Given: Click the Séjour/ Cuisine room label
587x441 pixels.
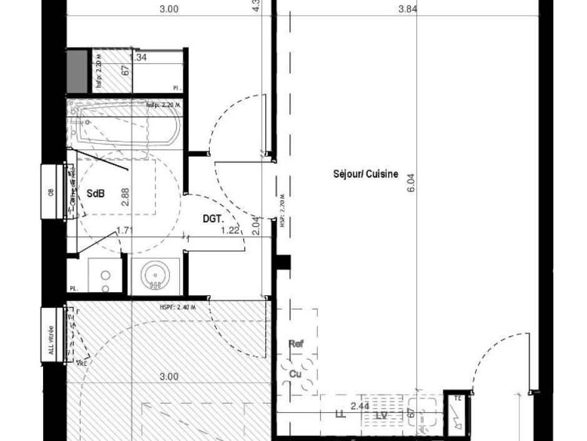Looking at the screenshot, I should point(365,175).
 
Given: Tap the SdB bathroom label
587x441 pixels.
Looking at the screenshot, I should point(96,194).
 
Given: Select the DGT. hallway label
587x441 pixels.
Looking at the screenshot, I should point(212,219).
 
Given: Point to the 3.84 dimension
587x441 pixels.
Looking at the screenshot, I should point(407,9).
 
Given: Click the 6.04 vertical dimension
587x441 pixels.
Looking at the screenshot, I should point(410,183).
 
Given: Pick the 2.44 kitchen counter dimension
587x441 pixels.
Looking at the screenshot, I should point(359,407).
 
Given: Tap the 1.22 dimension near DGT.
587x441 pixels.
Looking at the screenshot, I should point(230,231).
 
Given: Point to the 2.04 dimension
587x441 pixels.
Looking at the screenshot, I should point(255,225).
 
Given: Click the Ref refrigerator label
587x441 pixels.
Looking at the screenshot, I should point(295,343).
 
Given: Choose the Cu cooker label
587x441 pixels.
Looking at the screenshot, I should point(295,373).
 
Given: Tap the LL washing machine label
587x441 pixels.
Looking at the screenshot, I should point(340,414).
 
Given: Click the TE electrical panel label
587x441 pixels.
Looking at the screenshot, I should point(456,398).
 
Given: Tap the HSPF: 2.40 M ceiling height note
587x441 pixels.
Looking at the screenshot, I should point(178,307).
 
